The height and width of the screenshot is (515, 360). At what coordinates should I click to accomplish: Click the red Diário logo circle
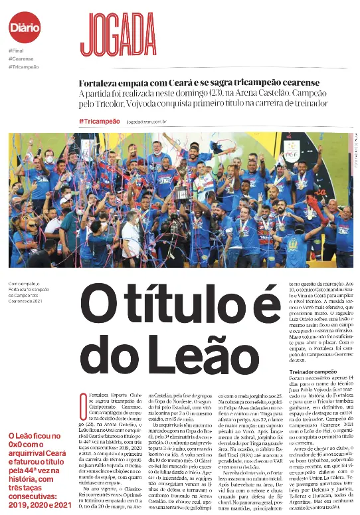(x=25, y=27)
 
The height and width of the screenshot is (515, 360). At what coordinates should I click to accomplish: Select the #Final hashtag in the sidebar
(x=17, y=51)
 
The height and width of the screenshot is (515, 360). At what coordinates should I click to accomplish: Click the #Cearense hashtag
(x=21, y=59)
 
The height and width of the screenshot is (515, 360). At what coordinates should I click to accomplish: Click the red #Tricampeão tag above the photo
(x=99, y=121)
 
